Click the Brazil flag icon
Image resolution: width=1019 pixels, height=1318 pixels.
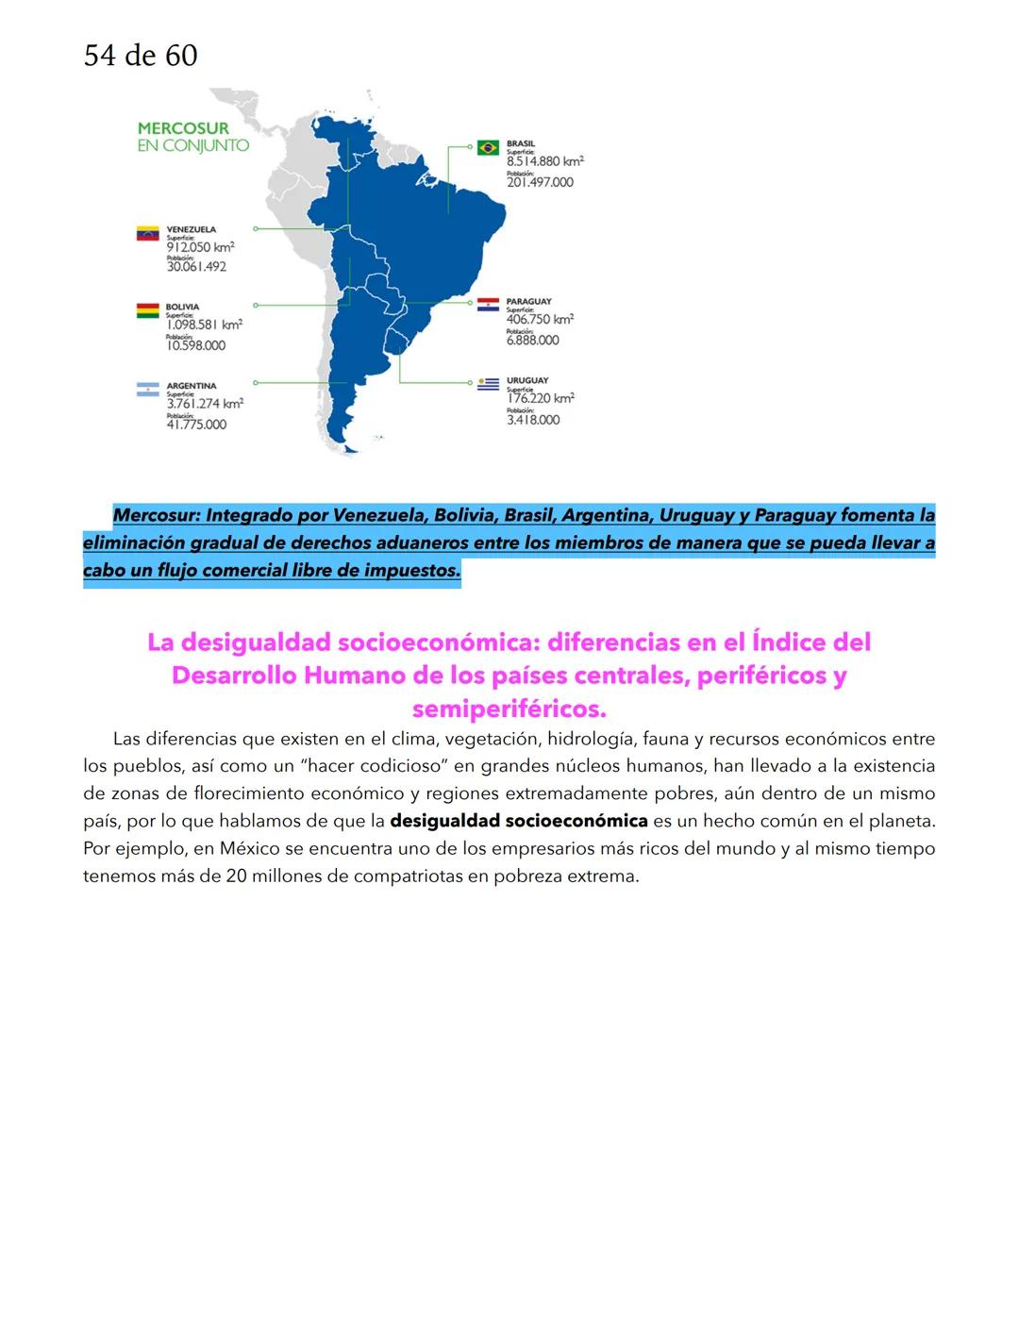(488, 147)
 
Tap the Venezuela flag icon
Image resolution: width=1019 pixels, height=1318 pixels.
(148, 233)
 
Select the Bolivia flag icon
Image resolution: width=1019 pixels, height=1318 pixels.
(148, 310)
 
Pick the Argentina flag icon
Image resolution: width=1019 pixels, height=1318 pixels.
(148, 390)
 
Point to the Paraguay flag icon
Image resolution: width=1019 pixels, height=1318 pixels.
(488, 305)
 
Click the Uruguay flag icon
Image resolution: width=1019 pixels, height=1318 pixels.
(488, 384)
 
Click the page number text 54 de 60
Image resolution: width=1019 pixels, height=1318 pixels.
(141, 56)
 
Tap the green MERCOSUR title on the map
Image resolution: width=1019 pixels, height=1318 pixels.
(183, 128)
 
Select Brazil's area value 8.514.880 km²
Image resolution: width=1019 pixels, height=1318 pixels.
(544, 161)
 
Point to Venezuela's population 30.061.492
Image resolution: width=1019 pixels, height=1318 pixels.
(196, 267)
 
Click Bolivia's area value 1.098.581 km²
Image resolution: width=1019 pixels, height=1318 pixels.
(204, 325)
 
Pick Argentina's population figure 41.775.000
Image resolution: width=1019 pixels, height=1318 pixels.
(196, 425)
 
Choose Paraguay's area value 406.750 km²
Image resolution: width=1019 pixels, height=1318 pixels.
(540, 320)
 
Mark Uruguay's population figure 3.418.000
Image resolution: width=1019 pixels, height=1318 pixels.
(533, 420)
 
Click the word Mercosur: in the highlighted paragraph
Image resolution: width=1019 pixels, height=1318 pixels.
(155, 516)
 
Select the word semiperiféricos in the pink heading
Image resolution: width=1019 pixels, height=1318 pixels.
(509, 709)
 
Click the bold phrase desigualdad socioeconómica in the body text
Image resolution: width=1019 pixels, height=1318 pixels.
(518, 821)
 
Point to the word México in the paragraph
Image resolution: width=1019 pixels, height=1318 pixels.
(249, 848)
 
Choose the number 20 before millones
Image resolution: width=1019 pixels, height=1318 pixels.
(236, 876)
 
